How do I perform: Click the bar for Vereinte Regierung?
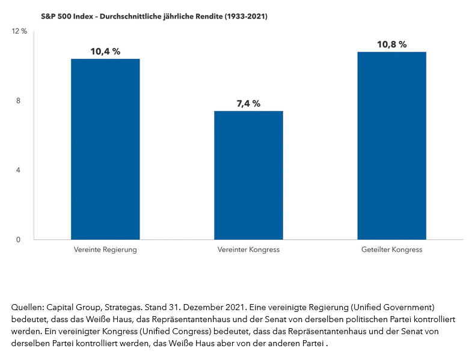point(105,149)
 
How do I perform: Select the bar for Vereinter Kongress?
point(248,175)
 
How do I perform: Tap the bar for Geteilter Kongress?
point(391,145)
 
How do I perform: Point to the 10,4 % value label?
point(105,52)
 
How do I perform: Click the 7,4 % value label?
point(248,104)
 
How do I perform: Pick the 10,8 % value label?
point(391,44)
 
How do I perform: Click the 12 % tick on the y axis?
point(20,31)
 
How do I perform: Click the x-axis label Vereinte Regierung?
point(105,249)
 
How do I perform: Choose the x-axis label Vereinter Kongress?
point(248,249)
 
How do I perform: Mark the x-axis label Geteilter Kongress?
point(391,249)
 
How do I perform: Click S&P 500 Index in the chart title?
point(64,17)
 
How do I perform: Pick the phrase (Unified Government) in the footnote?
point(391,307)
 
